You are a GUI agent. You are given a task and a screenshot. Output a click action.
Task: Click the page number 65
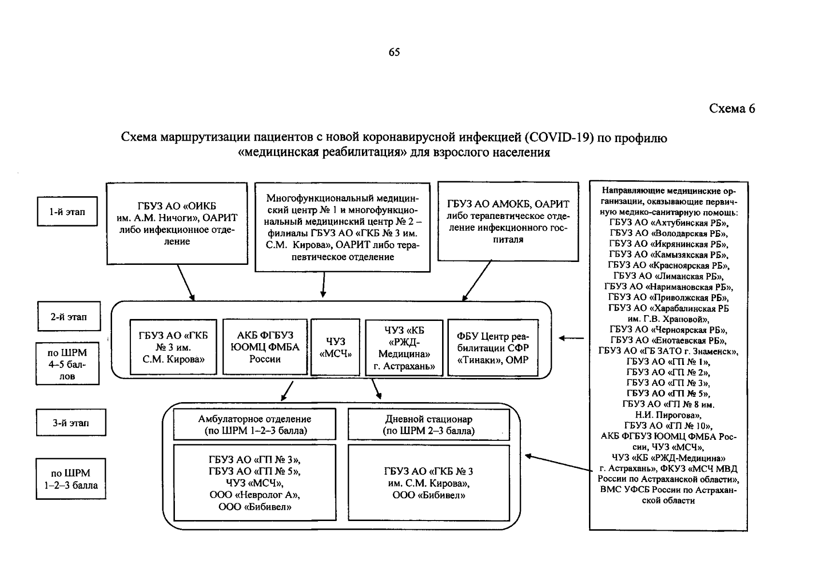(x=394, y=52)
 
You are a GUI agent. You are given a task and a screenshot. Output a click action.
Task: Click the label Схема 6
(x=732, y=109)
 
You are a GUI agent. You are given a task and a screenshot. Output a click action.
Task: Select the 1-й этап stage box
(x=67, y=211)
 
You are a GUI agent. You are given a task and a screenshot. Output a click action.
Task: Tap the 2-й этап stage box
(x=69, y=317)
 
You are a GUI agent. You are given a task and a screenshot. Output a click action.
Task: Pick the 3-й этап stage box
(x=71, y=423)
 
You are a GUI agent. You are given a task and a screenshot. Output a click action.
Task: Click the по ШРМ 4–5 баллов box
(x=67, y=364)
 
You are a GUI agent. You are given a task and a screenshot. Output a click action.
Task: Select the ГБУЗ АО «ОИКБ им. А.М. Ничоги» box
(x=177, y=223)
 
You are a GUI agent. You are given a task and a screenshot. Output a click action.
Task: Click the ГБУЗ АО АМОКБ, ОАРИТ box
(x=508, y=221)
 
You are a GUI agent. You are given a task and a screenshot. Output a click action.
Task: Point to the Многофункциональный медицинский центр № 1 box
(x=342, y=227)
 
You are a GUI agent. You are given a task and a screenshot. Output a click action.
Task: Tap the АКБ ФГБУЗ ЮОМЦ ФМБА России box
(x=265, y=347)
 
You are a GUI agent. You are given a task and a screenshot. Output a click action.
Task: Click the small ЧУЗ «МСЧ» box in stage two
(x=335, y=348)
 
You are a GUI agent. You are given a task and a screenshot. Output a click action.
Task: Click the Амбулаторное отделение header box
(x=255, y=425)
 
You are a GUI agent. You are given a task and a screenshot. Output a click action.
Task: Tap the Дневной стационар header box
(x=429, y=425)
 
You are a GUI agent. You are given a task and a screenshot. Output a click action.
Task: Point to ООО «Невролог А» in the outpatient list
(x=255, y=495)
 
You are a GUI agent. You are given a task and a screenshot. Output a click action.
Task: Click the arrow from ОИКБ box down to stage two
(x=186, y=283)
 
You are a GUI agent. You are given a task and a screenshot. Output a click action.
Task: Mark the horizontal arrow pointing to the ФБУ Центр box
(x=571, y=338)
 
